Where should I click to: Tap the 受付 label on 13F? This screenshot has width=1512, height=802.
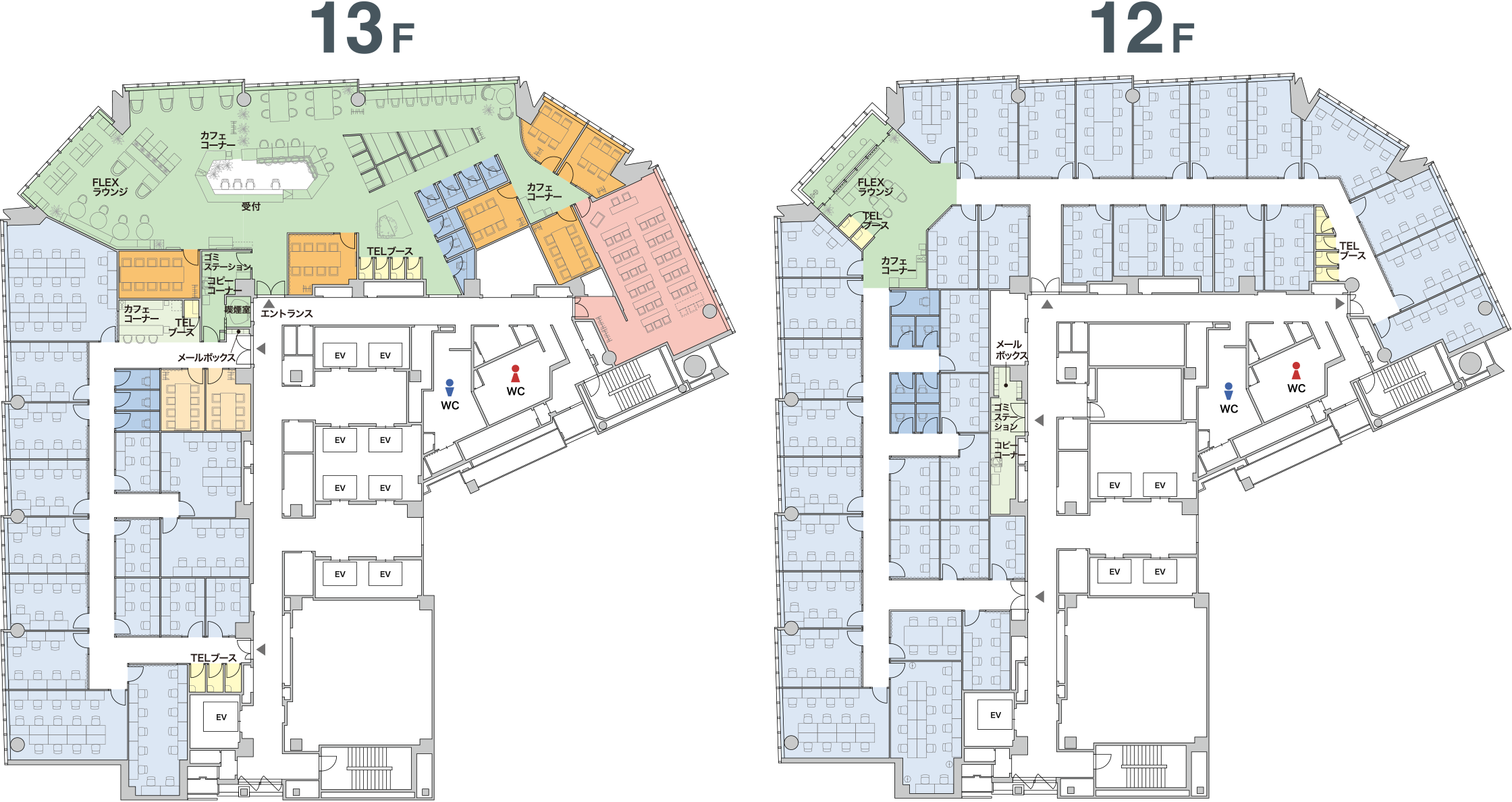(x=251, y=207)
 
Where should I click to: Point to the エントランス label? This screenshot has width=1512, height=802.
(x=287, y=313)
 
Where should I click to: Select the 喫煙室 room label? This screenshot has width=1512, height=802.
(x=238, y=310)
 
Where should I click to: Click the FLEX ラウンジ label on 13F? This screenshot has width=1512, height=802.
(x=109, y=187)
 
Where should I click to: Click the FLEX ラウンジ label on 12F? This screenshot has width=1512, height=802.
(x=875, y=187)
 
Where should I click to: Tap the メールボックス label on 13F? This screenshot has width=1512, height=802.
(x=207, y=358)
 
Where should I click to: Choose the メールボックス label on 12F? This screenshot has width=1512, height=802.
(x=1011, y=350)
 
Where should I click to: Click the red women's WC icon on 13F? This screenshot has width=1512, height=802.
(x=516, y=373)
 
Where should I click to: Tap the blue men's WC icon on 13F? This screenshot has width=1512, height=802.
(x=450, y=387)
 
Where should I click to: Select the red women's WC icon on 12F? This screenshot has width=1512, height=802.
(x=1296, y=371)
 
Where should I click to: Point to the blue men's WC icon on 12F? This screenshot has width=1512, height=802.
(x=1228, y=391)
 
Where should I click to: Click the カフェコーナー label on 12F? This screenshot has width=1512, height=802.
(x=898, y=265)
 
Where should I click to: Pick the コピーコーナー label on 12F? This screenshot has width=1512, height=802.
(x=1006, y=450)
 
